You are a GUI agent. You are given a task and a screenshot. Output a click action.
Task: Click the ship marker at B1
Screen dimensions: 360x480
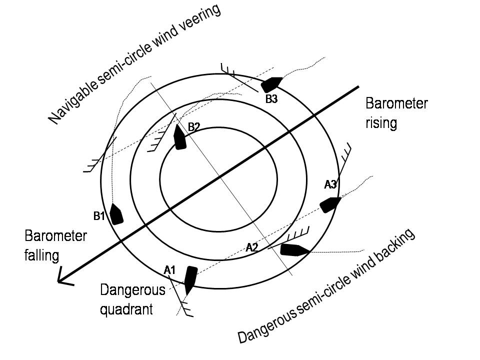(116, 214)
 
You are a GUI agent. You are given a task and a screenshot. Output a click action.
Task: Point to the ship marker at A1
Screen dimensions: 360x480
(190, 279)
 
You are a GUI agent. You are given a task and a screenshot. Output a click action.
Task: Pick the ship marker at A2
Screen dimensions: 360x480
(294, 249)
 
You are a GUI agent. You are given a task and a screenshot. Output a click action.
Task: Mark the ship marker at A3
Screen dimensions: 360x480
(330, 204)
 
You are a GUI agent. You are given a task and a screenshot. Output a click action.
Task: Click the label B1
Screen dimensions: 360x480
(98, 216)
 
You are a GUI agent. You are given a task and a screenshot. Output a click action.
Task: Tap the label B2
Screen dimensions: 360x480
(193, 126)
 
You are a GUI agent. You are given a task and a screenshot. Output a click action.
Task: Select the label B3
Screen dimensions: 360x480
(271, 99)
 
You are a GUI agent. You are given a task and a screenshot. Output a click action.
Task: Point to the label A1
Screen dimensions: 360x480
(170, 270)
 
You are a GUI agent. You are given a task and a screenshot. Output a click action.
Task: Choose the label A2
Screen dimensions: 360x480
(252, 246)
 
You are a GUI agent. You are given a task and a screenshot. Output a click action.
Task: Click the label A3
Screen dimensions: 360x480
(330, 184)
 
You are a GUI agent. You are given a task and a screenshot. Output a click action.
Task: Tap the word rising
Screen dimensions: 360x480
(381, 122)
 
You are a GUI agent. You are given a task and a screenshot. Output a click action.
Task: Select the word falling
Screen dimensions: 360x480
(42, 255)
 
